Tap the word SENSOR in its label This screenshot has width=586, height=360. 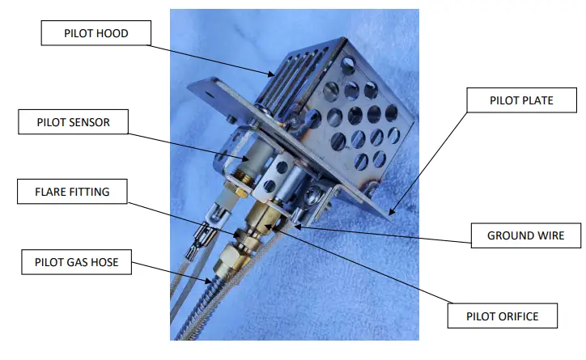92,123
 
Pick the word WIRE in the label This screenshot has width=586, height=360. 546,236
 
